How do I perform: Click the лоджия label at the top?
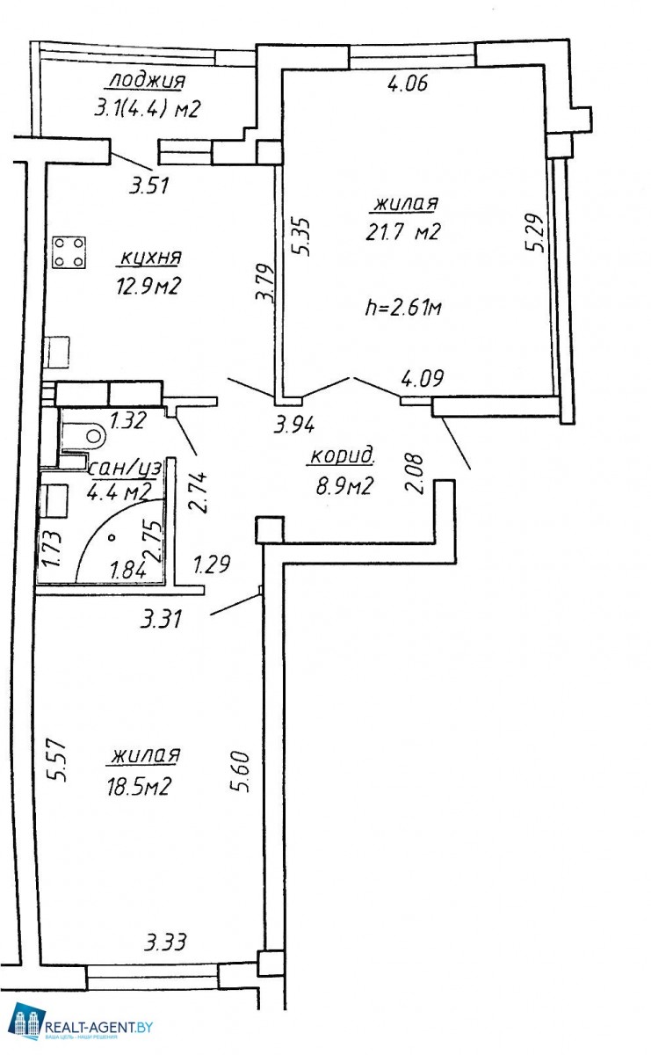[148, 81]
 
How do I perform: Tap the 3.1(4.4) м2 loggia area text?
[148, 109]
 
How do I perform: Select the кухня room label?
[150, 258]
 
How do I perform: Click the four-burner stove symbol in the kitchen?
[69, 252]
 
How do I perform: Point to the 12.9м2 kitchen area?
[148, 286]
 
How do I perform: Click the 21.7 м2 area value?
[403, 232]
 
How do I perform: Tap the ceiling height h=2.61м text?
[403, 308]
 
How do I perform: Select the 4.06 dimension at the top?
[408, 84]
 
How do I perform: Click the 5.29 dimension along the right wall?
[537, 234]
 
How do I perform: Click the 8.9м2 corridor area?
[344, 485]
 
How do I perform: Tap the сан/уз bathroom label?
[126, 468]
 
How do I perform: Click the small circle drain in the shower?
[112, 537]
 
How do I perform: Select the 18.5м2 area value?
[139, 786]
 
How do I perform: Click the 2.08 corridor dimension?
[415, 473]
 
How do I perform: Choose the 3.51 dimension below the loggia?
[149, 186]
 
